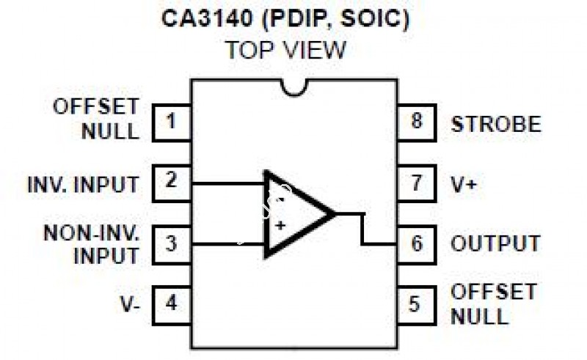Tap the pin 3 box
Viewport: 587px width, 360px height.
(172, 243)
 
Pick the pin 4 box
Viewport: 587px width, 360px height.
(172, 302)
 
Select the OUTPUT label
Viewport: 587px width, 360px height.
(495, 243)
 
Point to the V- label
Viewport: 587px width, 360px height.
(130, 303)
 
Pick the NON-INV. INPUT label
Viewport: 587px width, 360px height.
(91, 243)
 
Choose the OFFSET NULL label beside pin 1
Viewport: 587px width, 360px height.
(95, 119)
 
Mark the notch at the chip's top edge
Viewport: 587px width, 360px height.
(294, 87)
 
